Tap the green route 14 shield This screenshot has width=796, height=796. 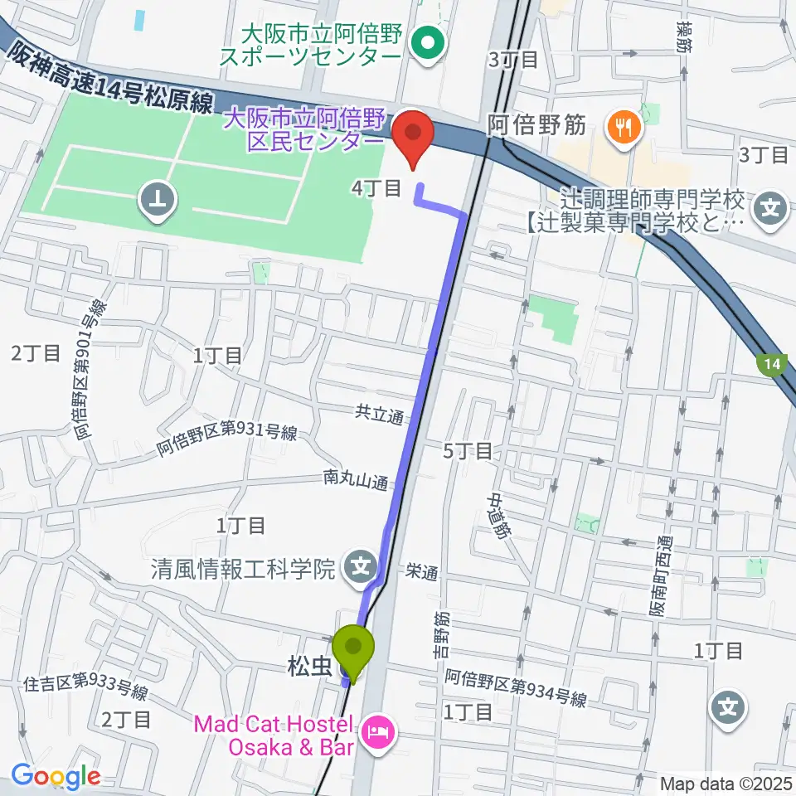coord(773,364)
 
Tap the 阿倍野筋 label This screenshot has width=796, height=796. coord(536,126)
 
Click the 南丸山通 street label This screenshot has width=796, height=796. coord(356,480)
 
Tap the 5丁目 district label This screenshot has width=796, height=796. coord(468,451)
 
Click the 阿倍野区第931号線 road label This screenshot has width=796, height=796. coord(226,442)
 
